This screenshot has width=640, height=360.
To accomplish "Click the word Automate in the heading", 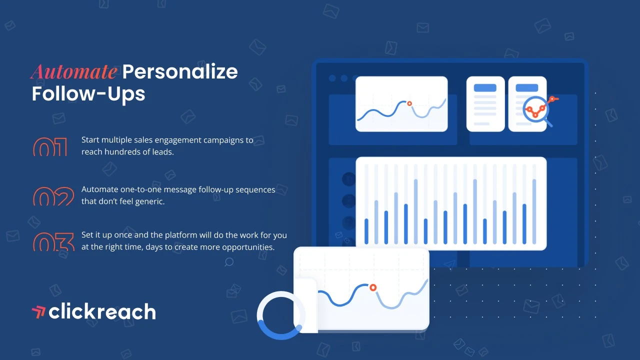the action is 74,71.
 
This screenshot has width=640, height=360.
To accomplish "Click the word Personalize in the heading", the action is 180,71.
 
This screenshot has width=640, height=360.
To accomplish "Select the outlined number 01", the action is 50,146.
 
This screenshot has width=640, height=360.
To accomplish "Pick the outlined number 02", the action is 53,196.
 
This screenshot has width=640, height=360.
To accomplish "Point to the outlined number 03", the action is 53,241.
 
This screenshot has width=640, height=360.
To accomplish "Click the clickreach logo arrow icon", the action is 38,312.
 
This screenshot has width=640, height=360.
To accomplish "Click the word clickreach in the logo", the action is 102,311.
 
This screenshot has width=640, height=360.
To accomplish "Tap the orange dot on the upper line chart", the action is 409,103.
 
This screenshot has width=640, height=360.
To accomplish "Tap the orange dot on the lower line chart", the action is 373,287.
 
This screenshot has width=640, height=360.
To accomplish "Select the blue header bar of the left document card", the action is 485,87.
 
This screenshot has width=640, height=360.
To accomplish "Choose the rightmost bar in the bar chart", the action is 534,211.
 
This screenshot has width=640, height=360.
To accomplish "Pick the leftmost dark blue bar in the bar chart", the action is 366,231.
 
